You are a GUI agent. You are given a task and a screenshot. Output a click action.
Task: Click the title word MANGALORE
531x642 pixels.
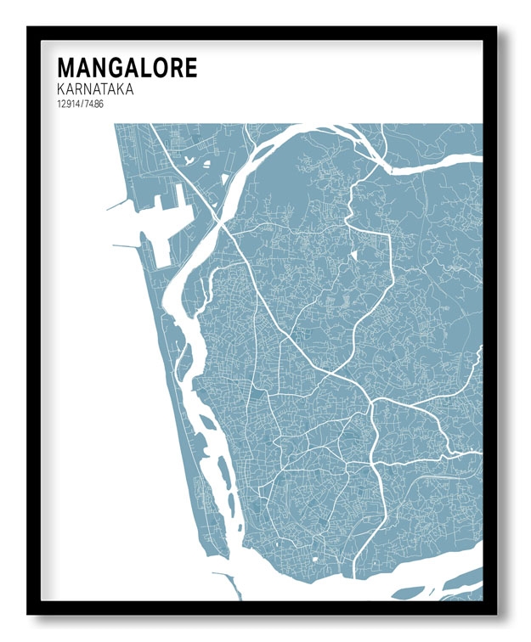[x=127, y=68]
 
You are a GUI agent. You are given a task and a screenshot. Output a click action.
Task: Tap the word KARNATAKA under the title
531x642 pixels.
[x=96, y=89]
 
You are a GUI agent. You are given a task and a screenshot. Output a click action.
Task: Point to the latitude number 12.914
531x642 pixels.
[x=69, y=104]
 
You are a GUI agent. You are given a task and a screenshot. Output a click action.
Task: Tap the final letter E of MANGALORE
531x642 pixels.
[x=189, y=68]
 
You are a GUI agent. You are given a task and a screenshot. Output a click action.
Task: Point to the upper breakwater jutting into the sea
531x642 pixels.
[x=118, y=205]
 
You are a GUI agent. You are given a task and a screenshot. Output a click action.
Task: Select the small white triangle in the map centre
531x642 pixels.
[x=353, y=254]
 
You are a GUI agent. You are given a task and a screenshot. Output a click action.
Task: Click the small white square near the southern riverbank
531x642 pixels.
[x=314, y=561]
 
